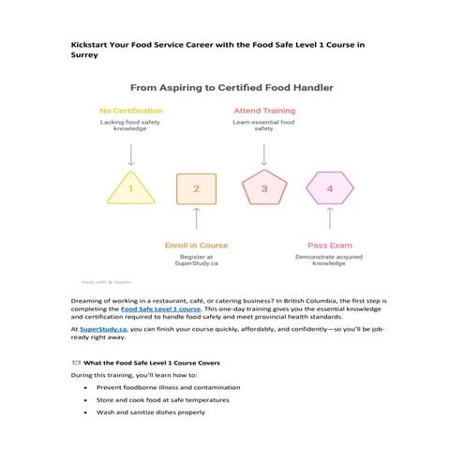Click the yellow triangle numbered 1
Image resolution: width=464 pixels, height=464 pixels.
[130, 188]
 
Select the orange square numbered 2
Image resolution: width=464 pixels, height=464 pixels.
[196, 188]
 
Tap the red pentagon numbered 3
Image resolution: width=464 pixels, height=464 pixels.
[263, 188]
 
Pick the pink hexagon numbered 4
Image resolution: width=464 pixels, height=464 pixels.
[328, 188]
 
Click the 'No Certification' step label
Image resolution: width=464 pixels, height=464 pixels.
[130, 111]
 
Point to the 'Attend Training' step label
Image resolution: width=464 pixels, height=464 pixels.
[264, 111]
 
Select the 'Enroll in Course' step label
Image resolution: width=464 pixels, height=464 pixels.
[196, 245]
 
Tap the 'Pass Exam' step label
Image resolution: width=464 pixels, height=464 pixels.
[328, 245]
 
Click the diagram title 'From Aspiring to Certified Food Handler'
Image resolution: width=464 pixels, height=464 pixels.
[232, 87]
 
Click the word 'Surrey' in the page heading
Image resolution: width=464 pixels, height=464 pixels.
[90, 55]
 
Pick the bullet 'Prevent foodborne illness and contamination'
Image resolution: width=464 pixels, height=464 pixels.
[167, 387]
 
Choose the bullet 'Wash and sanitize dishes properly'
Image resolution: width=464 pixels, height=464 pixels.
[150, 412]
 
